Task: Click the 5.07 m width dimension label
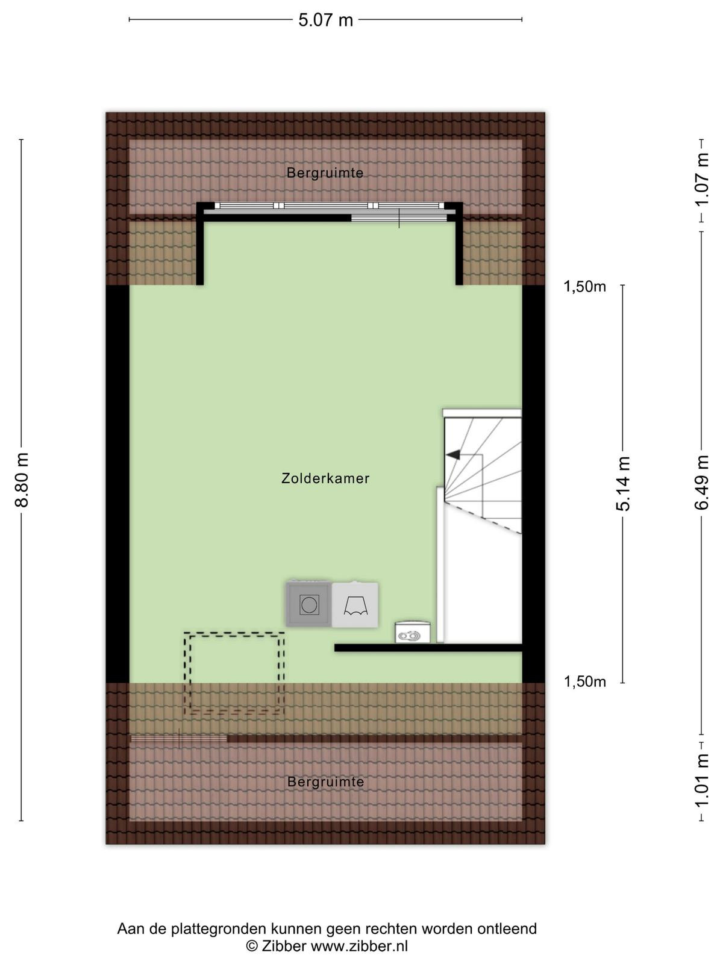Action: click(x=325, y=20)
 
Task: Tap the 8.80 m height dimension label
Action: click(x=22, y=480)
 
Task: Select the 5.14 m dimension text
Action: click(x=623, y=484)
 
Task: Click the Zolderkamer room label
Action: click(x=325, y=478)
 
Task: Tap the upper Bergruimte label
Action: click(x=325, y=173)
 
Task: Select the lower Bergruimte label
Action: click(x=325, y=781)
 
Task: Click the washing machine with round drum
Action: click(x=308, y=604)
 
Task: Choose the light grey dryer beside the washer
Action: click(x=355, y=605)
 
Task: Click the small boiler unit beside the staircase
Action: click(x=412, y=633)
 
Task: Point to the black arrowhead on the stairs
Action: click(x=453, y=454)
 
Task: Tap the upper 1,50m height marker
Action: click(x=584, y=287)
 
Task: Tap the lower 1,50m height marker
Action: click(x=584, y=681)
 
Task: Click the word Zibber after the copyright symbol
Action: click(x=284, y=945)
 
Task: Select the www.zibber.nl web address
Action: click(x=360, y=945)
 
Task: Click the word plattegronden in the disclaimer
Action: click(x=219, y=929)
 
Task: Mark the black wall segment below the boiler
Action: click(x=428, y=647)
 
